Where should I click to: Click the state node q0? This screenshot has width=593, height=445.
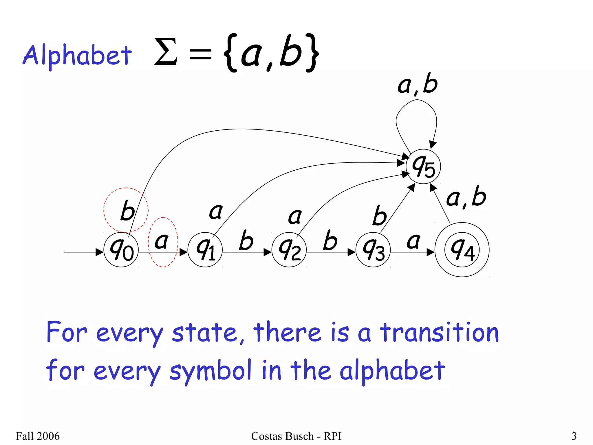[x=121, y=250]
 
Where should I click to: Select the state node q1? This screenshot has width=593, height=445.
[x=205, y=250]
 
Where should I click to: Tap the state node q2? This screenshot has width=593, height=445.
[x=289, y=250]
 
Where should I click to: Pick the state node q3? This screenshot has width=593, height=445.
[x=373, y=250]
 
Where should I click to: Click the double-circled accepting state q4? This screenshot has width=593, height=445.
[x=462, y=250]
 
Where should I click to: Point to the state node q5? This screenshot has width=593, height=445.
[x=423, y=167]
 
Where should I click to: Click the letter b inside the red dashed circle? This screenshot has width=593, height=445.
[x=127, y=210]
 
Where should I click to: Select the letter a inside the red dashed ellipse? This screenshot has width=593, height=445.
[x=162, y=241]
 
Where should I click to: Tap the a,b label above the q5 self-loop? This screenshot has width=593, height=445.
[x=417, y=84]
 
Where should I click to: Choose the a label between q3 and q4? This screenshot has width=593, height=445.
[x=413, y=241]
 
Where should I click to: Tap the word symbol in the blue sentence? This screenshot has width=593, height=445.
[x=210, y=371]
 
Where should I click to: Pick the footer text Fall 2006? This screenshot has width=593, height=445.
[x=38, y=436]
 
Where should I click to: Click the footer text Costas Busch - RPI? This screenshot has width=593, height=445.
[x=296, y=436]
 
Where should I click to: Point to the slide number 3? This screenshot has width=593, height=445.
[x=574, y=436]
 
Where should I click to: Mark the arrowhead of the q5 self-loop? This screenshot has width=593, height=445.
[x=432, y=145]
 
